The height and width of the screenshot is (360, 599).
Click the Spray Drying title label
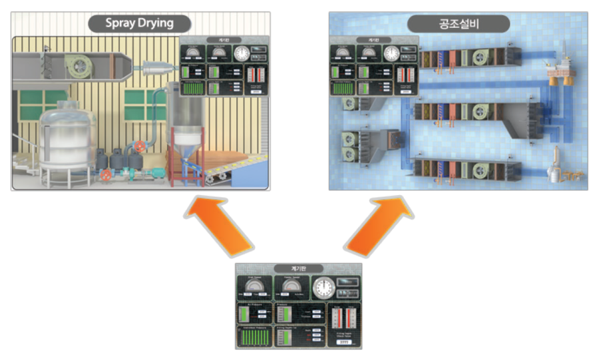point(140,23)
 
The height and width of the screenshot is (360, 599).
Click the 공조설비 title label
point(459,23)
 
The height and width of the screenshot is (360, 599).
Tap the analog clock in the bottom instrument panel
point(324,288)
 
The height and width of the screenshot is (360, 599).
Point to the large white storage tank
point(67,140)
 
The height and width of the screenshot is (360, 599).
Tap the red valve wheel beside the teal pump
point(106,176)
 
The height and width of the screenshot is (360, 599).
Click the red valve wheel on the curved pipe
point(139,146)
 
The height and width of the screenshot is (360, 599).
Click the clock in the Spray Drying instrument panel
point(240,53)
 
